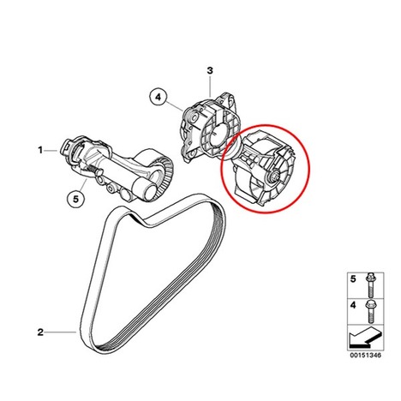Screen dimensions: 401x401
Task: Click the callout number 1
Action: click(x=40, y=150)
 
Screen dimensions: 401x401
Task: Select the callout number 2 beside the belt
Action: click(x=40, y=332)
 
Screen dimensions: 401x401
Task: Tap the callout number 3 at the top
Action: click(x=210, y=70)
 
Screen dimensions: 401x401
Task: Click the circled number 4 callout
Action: click(x=159, y=98)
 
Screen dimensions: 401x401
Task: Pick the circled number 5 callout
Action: click(x=75, y=199)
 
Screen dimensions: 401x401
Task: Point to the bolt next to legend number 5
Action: click(x=370, y=285)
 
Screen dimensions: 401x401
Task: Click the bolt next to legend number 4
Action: click(x=370, y=311)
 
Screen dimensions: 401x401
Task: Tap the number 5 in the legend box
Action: click(x=353, y=279)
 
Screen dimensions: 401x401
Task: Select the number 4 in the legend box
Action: click(x=353, y=305)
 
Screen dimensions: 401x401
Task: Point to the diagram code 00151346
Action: click(x=366, y=356)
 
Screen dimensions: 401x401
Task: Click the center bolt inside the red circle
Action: click(x=275, y=177)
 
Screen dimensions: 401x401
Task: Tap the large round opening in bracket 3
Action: click(x=219, y=135)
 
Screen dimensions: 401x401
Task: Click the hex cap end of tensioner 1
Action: click(x=64, y=147)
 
